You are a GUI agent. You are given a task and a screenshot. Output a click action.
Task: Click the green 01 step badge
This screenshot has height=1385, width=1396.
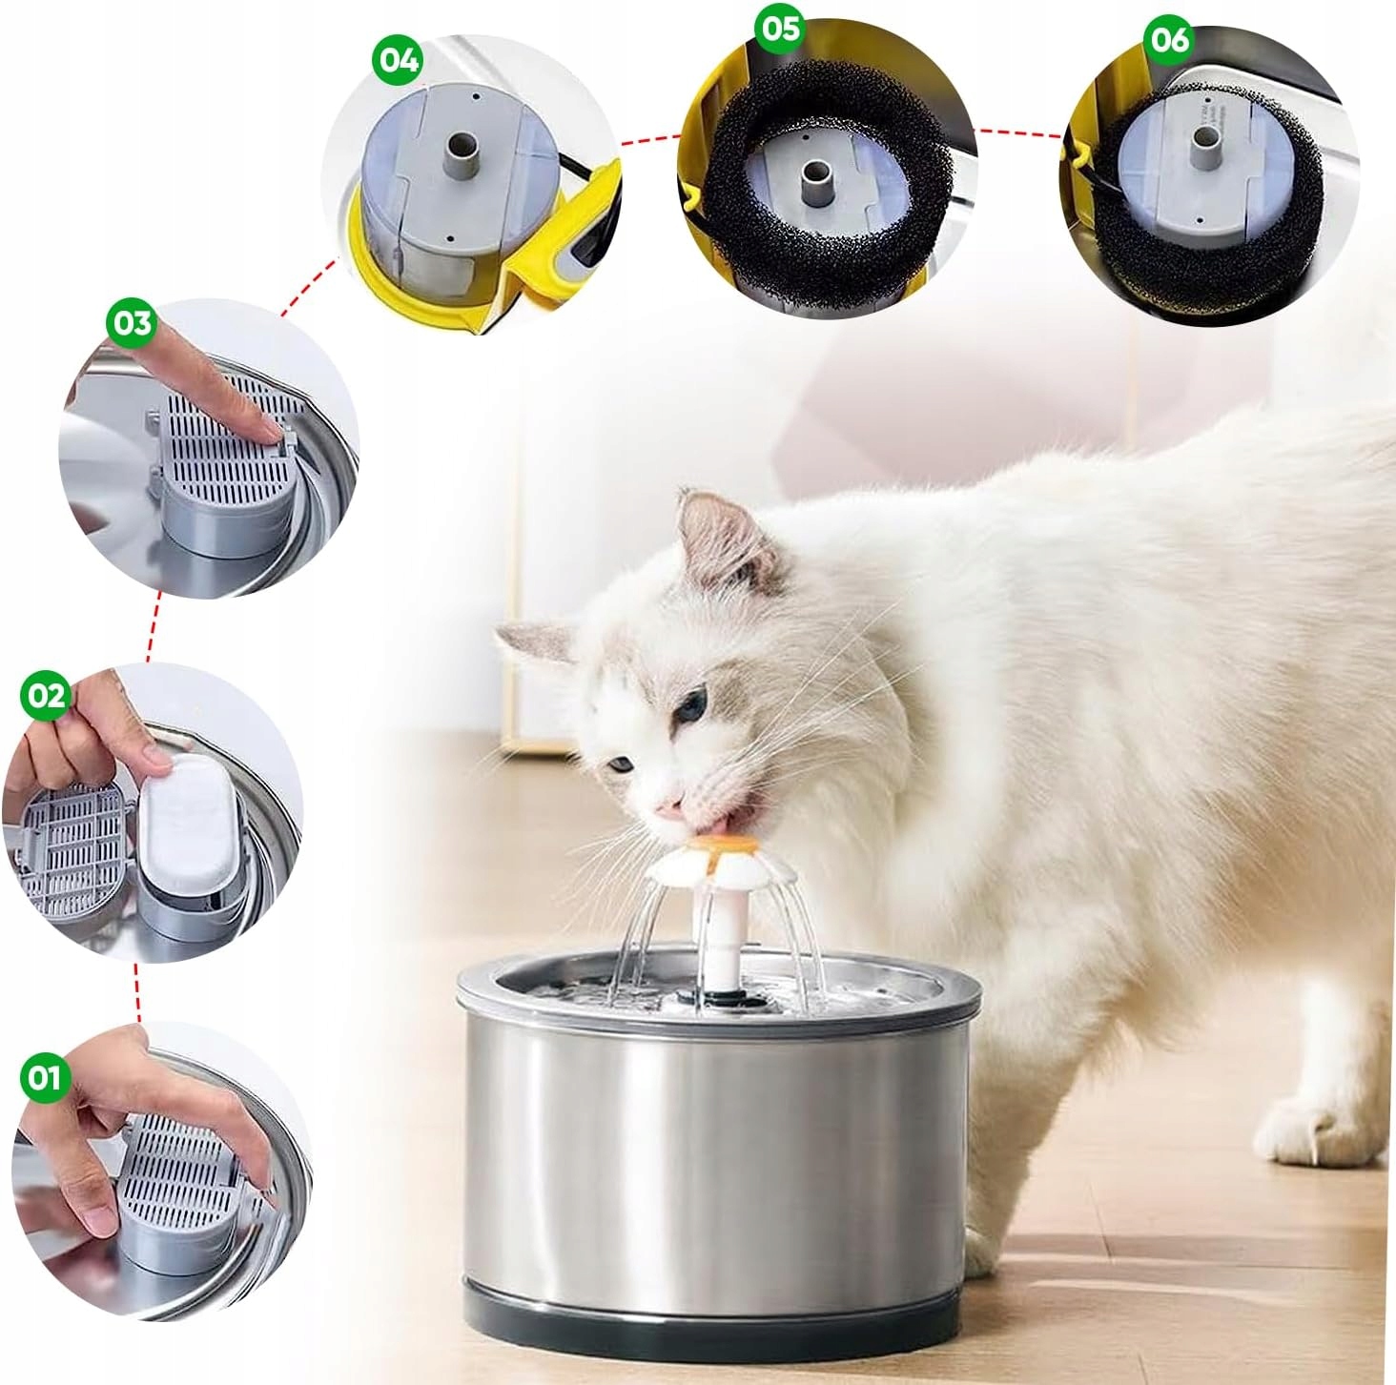point(44,1078)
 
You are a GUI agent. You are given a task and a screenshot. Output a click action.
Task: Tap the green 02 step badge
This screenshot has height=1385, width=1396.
point(46,696)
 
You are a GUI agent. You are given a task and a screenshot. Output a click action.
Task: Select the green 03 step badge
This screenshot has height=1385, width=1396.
point(132,322)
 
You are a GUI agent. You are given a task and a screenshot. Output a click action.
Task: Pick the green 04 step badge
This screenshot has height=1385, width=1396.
point(399,60)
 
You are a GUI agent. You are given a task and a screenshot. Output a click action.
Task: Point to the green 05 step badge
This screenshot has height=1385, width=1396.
point(780,29)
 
